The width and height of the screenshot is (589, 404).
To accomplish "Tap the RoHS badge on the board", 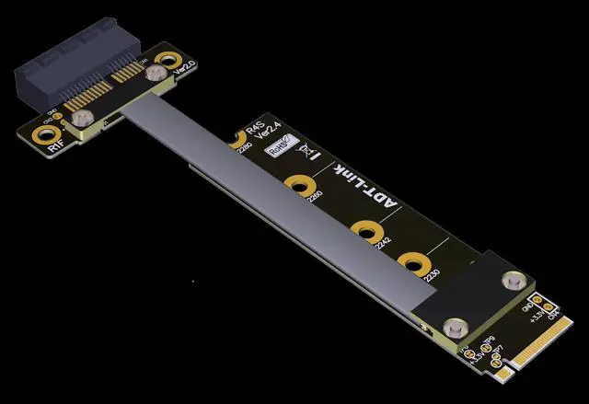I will tap(276, 145).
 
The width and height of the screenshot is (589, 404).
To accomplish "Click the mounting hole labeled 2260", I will tap(298, 183).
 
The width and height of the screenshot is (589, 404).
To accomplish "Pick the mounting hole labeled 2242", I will tap(366, 229).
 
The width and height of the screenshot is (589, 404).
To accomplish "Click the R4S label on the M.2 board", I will tap(253, 130).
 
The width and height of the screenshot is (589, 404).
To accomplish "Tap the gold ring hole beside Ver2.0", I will tap(167, 63).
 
